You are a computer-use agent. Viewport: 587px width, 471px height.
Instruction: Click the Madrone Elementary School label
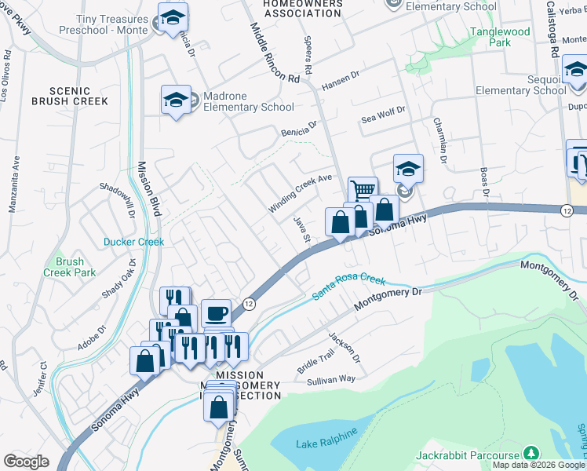(248, 101)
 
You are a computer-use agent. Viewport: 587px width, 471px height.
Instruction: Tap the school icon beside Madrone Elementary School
(176, 100)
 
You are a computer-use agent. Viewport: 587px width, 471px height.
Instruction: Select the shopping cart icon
(362, 191)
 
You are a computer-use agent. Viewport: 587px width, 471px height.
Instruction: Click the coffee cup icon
(217, 314)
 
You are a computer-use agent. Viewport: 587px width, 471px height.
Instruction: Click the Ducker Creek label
(134, 242)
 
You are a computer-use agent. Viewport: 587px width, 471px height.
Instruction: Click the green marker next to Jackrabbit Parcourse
(532, 454)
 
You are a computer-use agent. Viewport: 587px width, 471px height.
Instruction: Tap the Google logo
(27, 462)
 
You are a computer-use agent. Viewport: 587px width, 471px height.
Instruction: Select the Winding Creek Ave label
(301, 193)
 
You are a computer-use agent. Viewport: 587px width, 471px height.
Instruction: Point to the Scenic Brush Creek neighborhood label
(70, 96)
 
